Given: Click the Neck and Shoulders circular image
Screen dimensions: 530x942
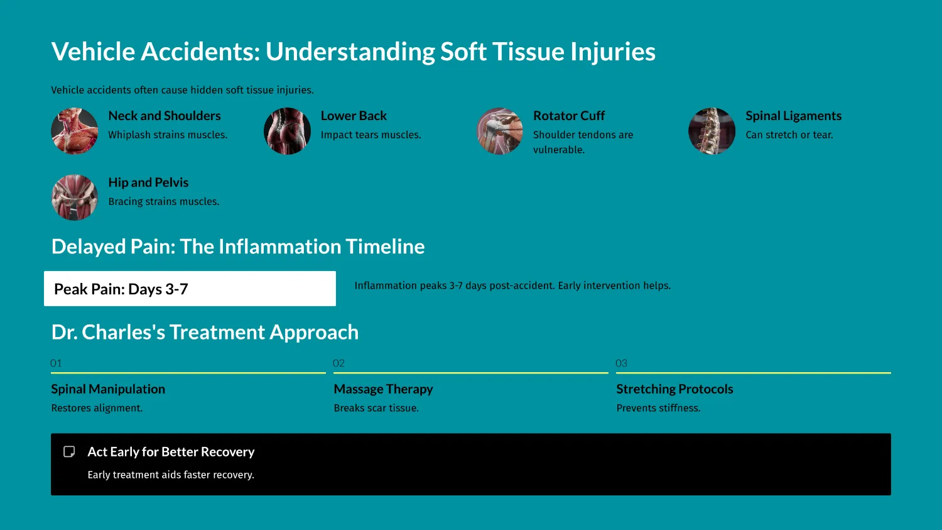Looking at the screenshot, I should coord(74,131).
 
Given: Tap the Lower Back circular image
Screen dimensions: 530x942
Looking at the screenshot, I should coord(287,131).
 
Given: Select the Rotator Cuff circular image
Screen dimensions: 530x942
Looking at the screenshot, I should coord(499,131).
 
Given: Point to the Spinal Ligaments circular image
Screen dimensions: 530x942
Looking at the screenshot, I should coord(712,131).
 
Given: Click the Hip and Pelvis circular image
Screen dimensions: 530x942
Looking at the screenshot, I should coord(74,197).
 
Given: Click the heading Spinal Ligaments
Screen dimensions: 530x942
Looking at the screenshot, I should coord(793,116).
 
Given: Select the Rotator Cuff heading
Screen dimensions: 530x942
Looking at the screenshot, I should coord(568,116).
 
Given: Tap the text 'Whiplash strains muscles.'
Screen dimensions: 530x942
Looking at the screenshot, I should coord(168,135).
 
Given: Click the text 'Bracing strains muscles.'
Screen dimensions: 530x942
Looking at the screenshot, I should coord(163,201).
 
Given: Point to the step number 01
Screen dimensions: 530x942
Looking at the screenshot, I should coord(56,363).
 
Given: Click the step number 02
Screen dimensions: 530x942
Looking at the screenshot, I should coord(338,363).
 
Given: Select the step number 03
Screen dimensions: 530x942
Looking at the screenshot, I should coord(621,363).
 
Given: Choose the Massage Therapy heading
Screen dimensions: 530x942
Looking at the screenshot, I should coord(383,389).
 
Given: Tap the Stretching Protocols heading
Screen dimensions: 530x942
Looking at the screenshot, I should coord(674,389).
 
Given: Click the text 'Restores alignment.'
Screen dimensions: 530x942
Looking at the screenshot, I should coord(97,408).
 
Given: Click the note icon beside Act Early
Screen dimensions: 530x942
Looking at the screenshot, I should coord(69,451).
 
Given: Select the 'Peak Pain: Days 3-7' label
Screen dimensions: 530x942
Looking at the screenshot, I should coord(121,289).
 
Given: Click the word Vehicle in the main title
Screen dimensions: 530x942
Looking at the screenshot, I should coord(93,52).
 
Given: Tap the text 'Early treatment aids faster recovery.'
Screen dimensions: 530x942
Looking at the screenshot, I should coord(171,475).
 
